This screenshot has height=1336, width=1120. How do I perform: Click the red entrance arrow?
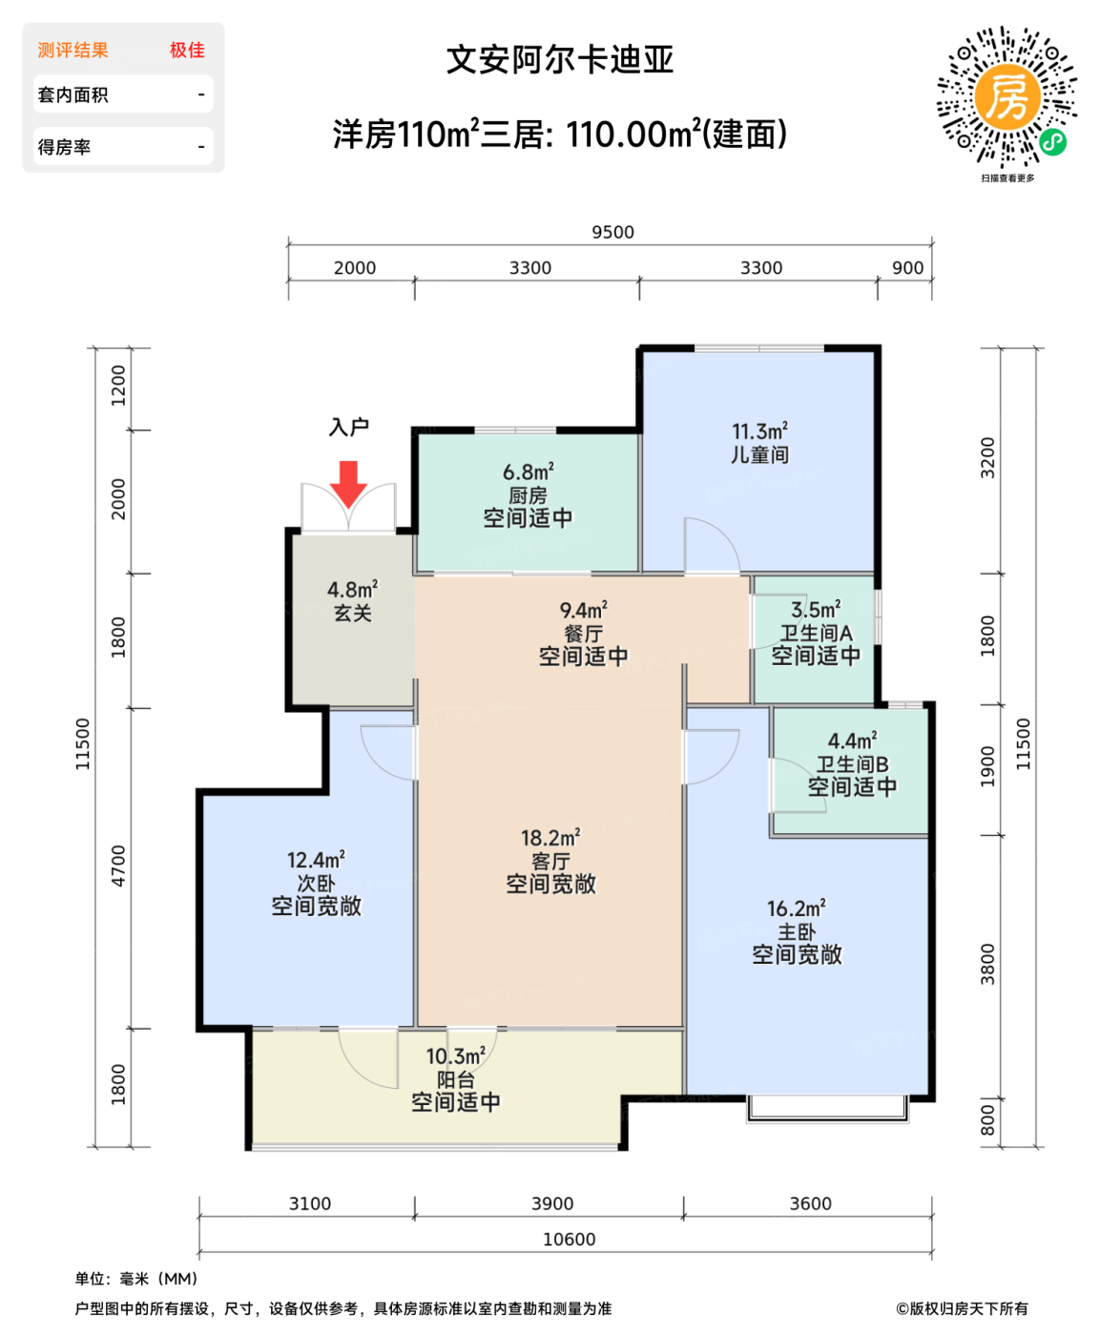pyautogui.click(x=349, y=483)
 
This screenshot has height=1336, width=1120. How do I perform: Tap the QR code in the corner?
pyautogui.click(x=1006, y=96)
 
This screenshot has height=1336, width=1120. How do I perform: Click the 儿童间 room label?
pyautogui.click(x=759, y=455)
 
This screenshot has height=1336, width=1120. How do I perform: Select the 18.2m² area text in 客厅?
pyautogui.click(x=550, y=838)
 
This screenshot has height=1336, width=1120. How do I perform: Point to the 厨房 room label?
pyautogui.click(x=528, y=495)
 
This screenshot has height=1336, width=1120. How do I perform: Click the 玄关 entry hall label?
pyautogui.click(x=353, y=614)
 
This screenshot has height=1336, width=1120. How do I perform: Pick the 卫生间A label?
pyautogui.click(x=816, y=633)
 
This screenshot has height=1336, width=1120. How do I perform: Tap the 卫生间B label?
pyautogui.click(x=852, y=764)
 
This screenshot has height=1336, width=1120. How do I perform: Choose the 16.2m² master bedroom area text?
pyautogui.click(x=797, y=908)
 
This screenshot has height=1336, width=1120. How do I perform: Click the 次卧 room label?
pyautogui.click(x=316, y=884)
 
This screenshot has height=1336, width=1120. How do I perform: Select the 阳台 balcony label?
pyautogui.click(x=455, y=1079)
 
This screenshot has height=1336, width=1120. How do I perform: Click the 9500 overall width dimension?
pyautogui.click(x=612, y=232)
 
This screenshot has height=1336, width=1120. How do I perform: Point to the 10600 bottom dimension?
pyautogui.click(x=569, y=1239)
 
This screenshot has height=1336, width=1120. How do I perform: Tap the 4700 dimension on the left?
pyautogui.click(x=117, y=866)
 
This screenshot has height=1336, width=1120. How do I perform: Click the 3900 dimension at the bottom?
pyautogui.click(x=552, y=1203)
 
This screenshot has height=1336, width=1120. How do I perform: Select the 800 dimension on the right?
pyautogui.click(x=987, y=1120)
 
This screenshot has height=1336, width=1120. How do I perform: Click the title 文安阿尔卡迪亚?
pyautogui.click(x=560, y=60)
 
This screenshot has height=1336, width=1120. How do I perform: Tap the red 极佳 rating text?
pyautogui.click(x=187, y=50)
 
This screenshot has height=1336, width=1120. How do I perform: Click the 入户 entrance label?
pyautogui.click(x=349, y=427)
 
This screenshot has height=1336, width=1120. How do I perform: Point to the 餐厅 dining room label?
pyautogui.click(x=583, y=634)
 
